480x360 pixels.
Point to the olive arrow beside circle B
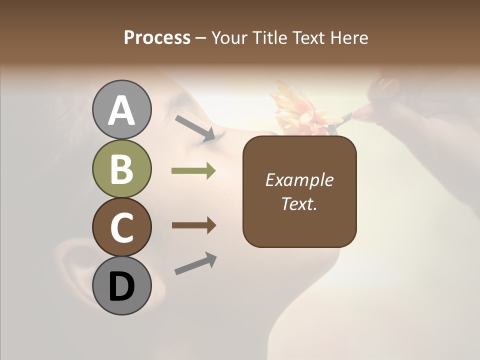coord(193,171)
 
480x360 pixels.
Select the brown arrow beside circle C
coord(193,225)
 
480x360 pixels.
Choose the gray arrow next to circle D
coord(195,263)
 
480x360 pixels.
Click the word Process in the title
coord(157,37)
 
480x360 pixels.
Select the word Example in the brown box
coord(299,180)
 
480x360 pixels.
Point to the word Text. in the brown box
coord(299,203)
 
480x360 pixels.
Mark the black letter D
coord(121,287)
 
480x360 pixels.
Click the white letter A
coord(121,110)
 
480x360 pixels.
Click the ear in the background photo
coord(75,270)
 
